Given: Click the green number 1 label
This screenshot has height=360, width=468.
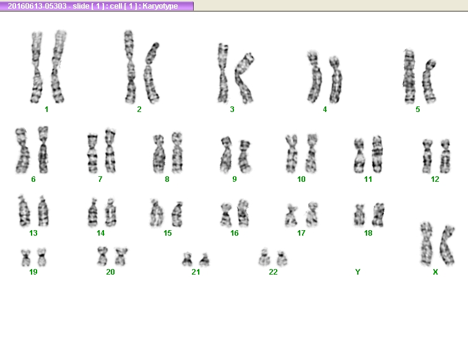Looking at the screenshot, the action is [x=46, y=109].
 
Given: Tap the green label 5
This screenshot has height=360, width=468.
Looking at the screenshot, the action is [x=418, y=109].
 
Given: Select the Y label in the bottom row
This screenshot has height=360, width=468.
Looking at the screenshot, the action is [x=358, y=272].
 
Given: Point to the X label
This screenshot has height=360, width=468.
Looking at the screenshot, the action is [x=435, y=272].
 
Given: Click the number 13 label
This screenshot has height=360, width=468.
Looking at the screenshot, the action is [x=33, y=233].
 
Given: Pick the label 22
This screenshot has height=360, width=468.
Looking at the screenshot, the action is [x=273, y=272].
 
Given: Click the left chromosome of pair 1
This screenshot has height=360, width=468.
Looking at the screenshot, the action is [x=37, y=67].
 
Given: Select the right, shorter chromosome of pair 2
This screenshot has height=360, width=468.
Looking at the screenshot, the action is [x=152, y=72].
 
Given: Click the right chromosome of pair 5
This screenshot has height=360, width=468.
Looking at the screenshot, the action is [x=428, y=82].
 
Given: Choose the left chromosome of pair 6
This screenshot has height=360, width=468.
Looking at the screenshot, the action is [x=22, y=151].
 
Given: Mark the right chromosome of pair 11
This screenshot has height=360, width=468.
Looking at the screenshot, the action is [x=377, y=154].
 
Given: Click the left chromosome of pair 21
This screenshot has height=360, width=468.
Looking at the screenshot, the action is [x=187, y=260].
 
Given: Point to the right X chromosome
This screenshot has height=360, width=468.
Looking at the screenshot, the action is [x=447, y=246].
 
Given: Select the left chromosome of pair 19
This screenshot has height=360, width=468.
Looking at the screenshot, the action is [x=25, y=258].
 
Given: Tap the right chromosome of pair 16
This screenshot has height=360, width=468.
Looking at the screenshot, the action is [x=243, y=213].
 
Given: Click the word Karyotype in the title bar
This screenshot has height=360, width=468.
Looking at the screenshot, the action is [x=160, y=6].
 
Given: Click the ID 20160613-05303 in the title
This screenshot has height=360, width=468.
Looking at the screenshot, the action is [x=37, y=6].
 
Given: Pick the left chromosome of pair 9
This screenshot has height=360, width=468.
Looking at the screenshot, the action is [x=226, y=155].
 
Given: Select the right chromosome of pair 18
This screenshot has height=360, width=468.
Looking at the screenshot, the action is [x=378, y=215].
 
